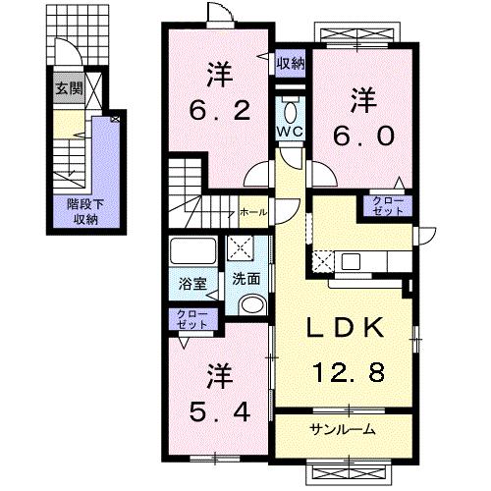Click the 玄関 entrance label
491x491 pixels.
click(69, 88)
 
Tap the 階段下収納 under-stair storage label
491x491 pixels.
click(84, 212)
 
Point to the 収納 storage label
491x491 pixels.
click(290, 65)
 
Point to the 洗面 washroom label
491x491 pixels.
click(245, 278)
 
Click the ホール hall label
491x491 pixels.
click(252, 211)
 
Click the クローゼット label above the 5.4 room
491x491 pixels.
click(192, 319)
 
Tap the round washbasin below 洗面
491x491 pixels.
click(251, 303)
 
